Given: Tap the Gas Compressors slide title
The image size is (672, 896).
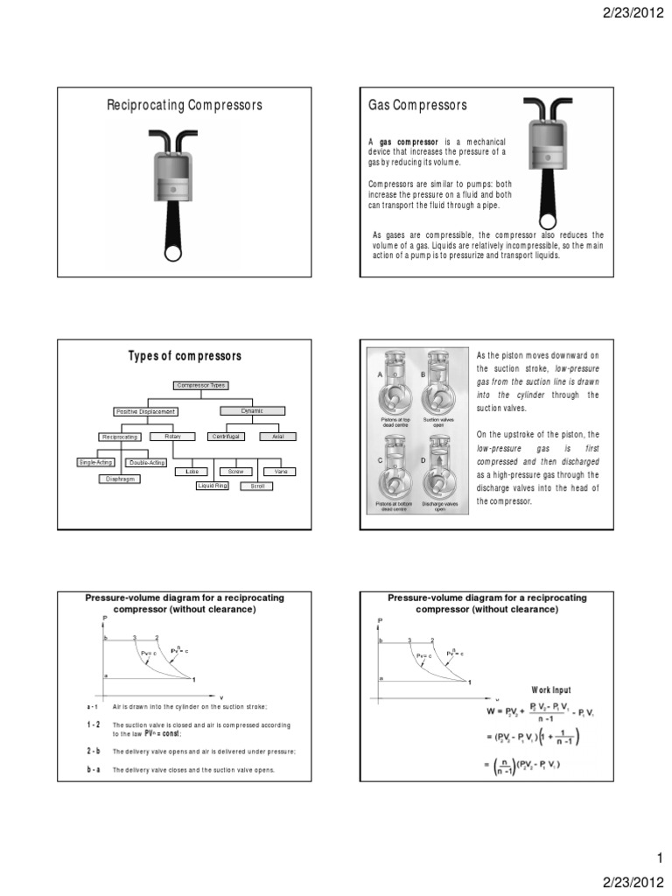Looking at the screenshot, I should tap(417, 106).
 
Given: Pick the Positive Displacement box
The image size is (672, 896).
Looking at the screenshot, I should tap(145, 410).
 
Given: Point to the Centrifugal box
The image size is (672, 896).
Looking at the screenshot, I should tap(228, 436).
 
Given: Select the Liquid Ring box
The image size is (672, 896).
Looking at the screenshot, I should tap(211, 485).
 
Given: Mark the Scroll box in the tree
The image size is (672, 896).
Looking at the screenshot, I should tap(257, 486).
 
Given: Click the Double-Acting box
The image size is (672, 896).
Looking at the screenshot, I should tap(145, 462).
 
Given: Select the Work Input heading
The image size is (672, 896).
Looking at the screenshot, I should tap(549, 689).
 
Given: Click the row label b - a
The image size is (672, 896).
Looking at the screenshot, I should tap(93, 769).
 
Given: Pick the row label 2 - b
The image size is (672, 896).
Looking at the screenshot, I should tap(93, 751).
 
